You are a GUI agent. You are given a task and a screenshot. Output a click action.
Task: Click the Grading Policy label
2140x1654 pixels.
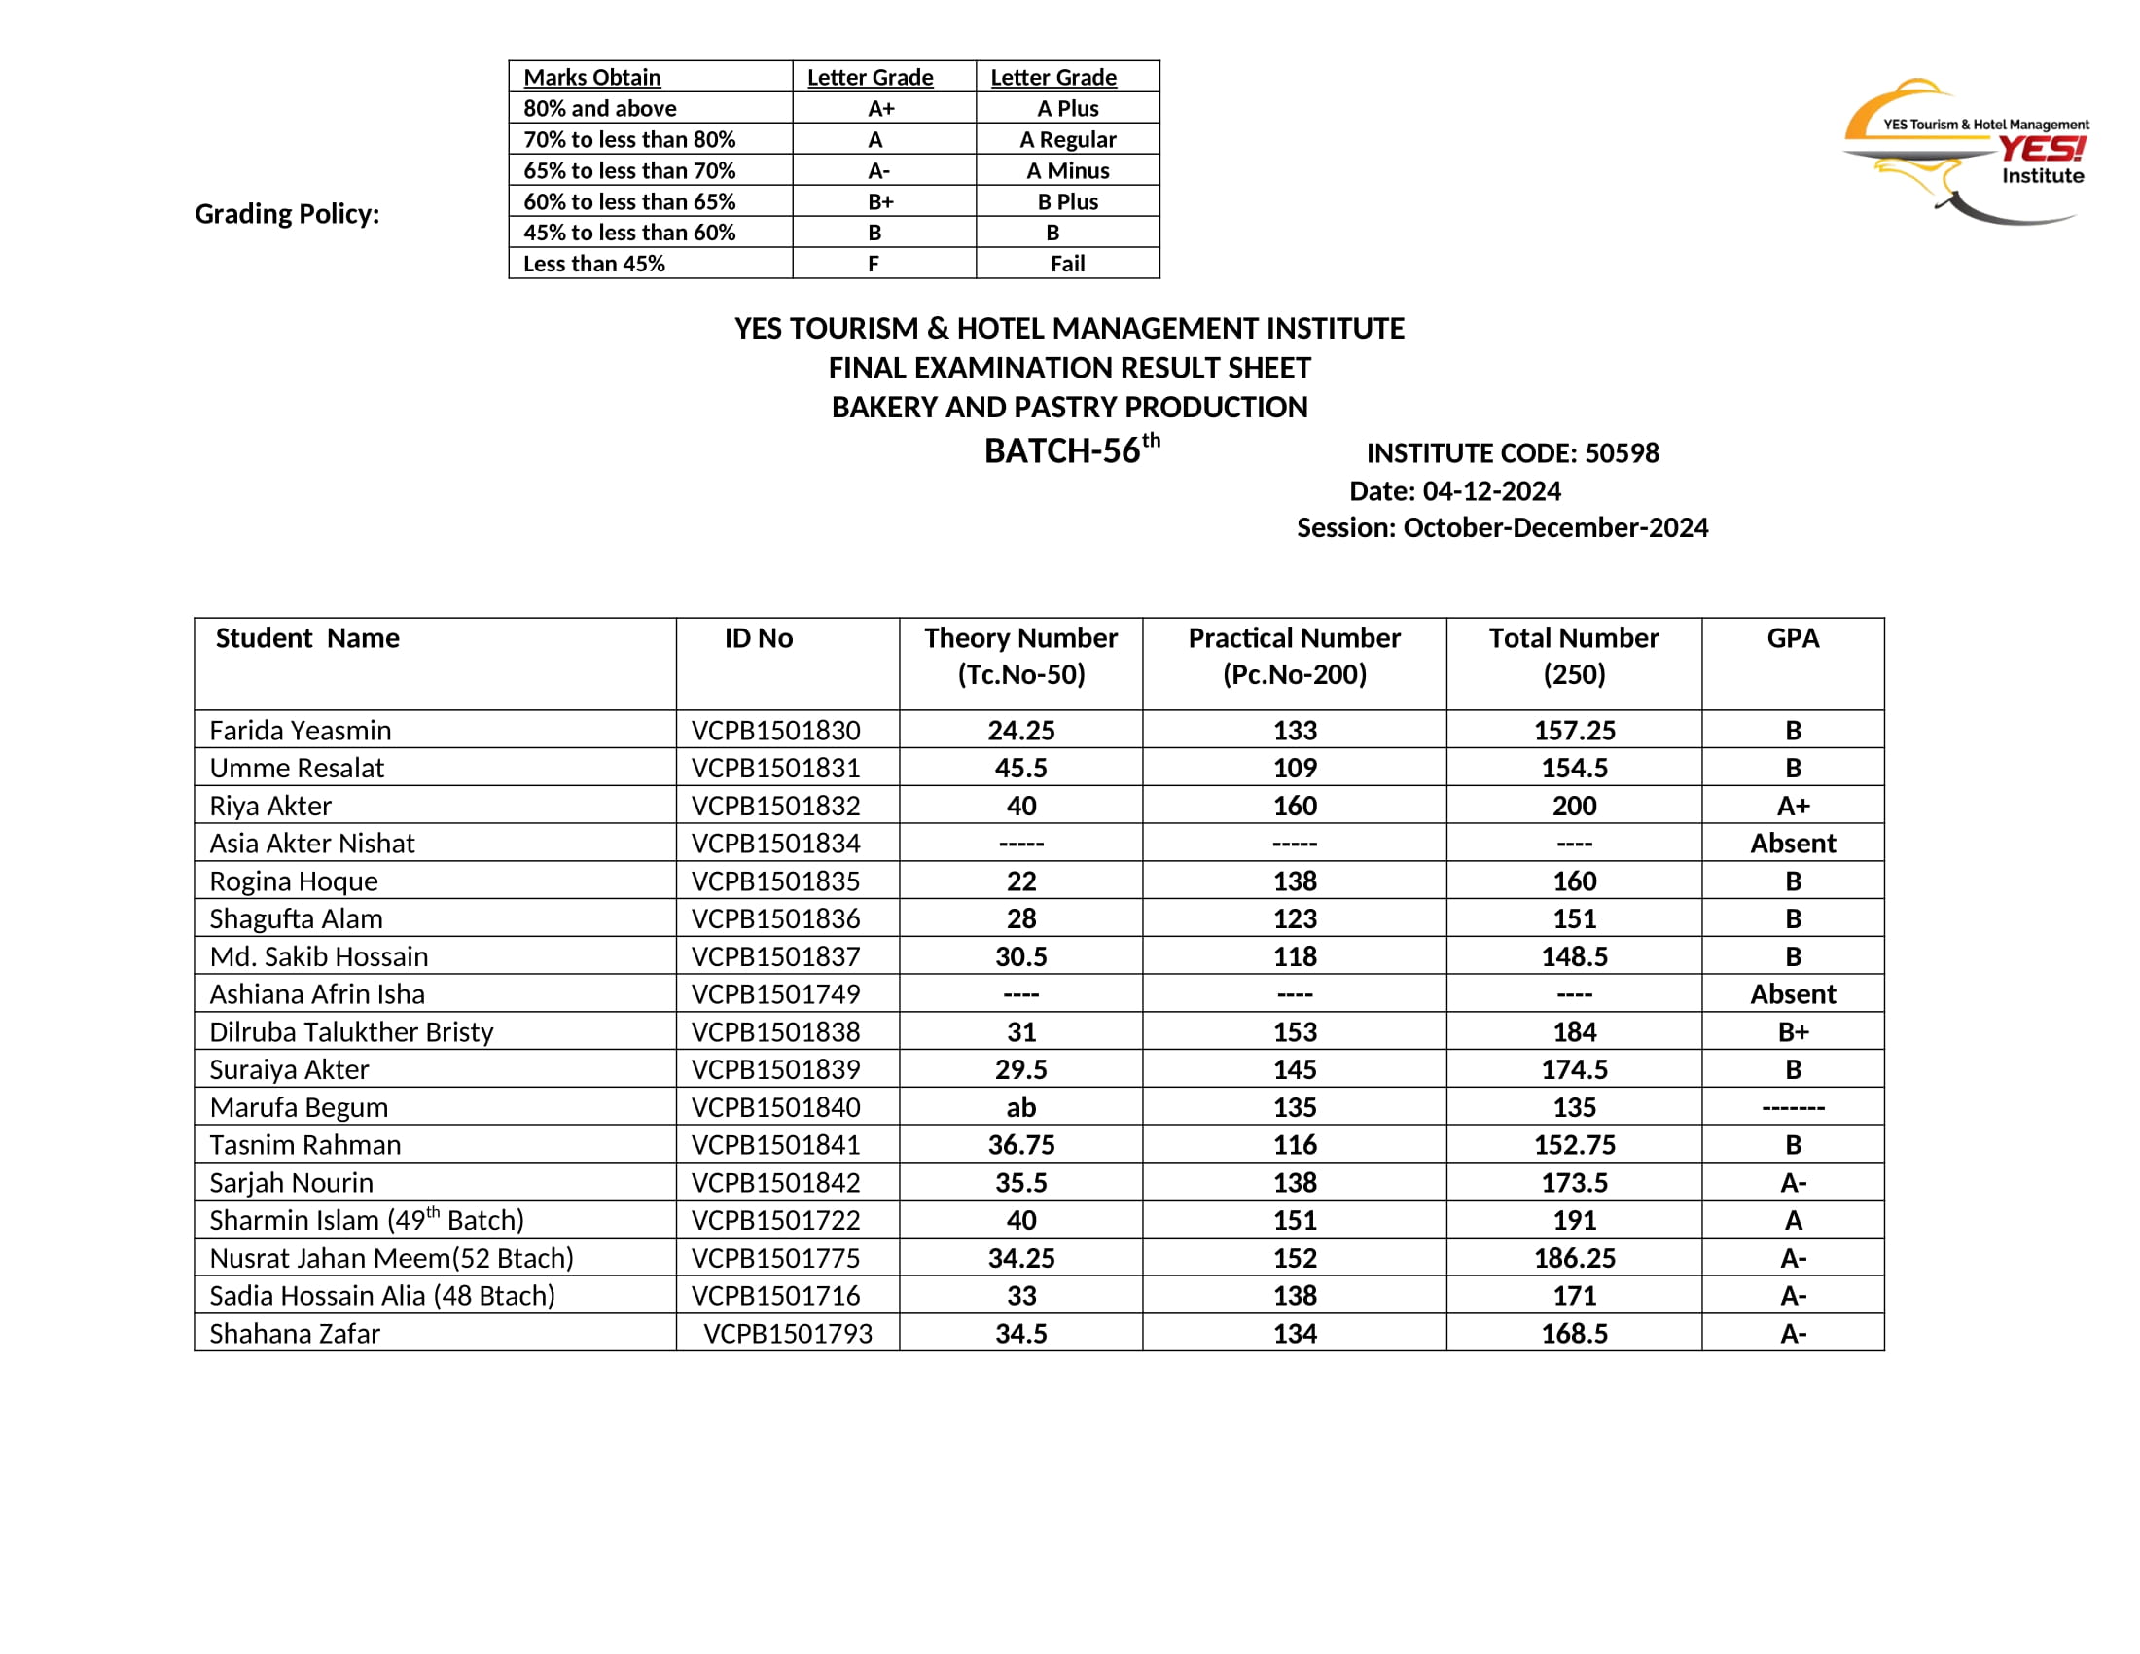pyautogui.click(x=287, y=214)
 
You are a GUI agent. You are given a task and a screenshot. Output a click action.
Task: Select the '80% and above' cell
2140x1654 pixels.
pyautogui.click(x=599, y=108)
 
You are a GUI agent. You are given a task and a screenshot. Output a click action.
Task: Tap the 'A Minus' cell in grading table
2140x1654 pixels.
pyautogui.click(x=1067, y=170)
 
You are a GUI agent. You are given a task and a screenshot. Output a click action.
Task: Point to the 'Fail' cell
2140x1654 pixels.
pyautogui.click(x=1067, y=264)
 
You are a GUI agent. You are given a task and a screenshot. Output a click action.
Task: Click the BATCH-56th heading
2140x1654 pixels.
pyautogui.click(x=1071, y=449)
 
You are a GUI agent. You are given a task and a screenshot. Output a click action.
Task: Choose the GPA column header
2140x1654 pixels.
pyautogui.click(x=1792, y=639)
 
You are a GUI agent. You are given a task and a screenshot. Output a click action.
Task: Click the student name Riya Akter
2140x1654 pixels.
pyautogui.click(x=270, y=806)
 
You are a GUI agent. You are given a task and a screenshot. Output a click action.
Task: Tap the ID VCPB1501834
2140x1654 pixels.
pyautogui.click(x=775, y=844)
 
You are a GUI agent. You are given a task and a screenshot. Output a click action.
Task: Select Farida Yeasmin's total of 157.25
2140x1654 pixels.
pyautogui.click(x=1574, y=730)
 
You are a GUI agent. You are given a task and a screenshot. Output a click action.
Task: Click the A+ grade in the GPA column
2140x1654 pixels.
pyautogui.click(x=1792, y=806)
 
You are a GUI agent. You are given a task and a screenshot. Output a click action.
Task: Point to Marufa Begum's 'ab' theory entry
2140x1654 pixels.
pyautogui.click(x=1020, y=1107)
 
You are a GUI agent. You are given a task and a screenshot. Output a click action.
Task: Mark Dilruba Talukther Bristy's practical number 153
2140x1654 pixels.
pyautogui.click(x=1295, y=1031)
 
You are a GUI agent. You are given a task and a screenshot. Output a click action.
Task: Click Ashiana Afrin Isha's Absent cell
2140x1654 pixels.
pyautogui.click(x=1792, y=994)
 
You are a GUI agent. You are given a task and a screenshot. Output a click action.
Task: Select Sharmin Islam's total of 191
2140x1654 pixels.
pyautogui.click(x=1574, y=1221)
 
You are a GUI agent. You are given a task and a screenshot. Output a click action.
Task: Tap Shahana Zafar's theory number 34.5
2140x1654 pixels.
pyautogui.click(x=1020, y=1334)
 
